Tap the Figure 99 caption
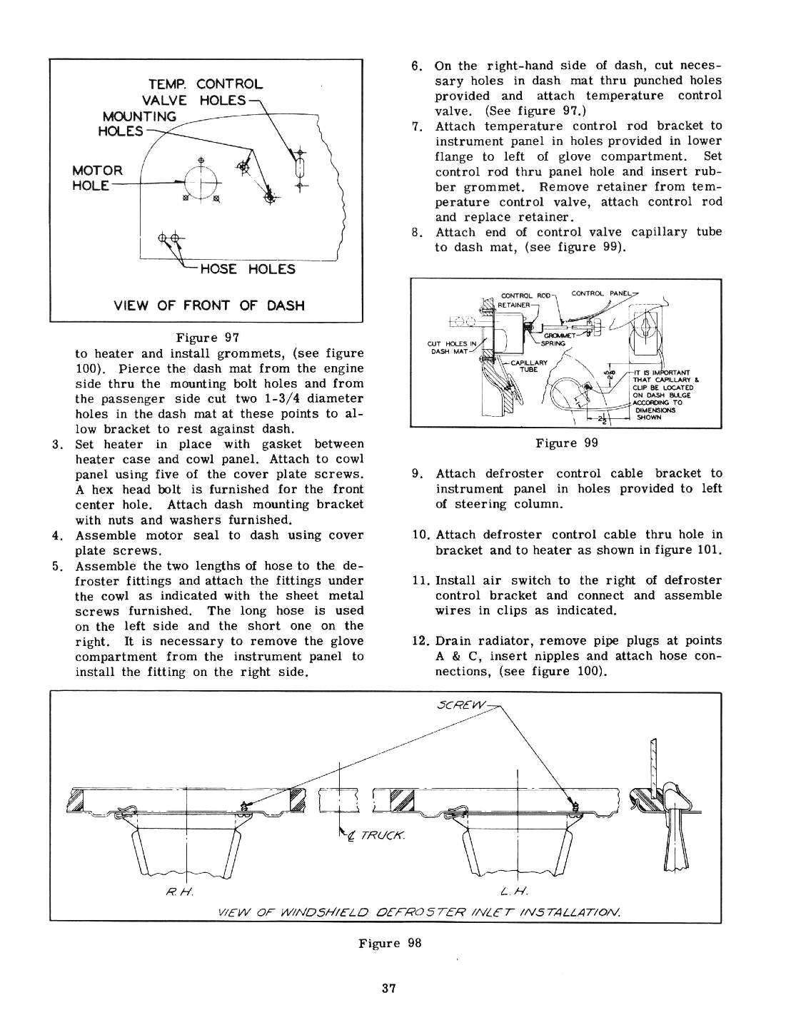[567, 443]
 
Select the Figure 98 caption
[390, 943]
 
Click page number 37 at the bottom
[389, 989]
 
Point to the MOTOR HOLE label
[97, 178]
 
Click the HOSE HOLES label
[248, 269]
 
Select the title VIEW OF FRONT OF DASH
[209, 305]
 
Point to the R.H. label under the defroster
[176, 891]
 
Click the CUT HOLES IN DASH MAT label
[451, 347]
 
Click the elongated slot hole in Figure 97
[300, 171]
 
